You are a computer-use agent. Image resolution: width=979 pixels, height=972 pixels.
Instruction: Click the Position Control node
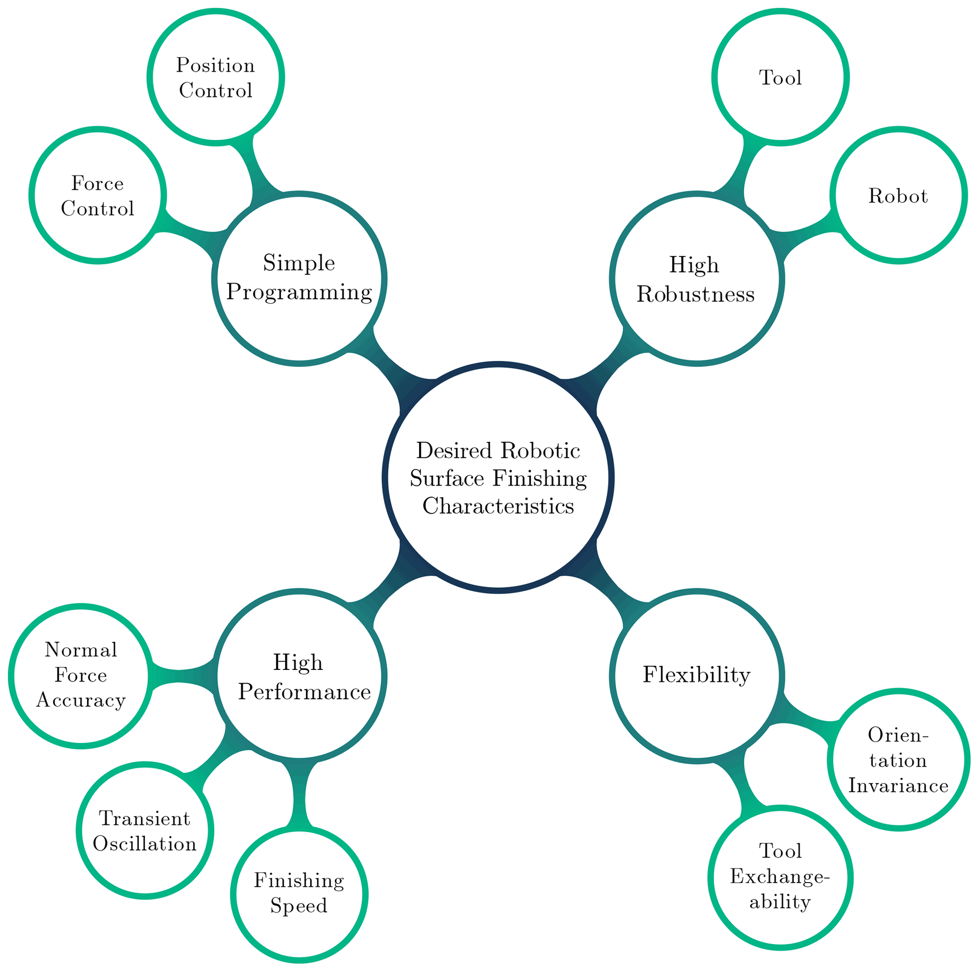click(x=216, y=78)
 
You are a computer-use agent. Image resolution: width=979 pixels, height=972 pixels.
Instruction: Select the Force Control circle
click(x=97, y=195)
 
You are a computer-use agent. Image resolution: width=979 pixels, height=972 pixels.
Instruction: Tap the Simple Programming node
click(x=299, y=278)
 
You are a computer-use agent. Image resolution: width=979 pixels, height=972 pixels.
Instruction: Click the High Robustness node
click(x=696, y=278)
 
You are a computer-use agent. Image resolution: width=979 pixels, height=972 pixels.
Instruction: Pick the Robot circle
click(x=898, y=195)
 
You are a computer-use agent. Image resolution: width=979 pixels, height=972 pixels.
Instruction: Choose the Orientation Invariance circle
click(x=898, y=759)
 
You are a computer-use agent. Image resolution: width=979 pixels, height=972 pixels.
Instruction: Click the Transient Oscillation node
click(x=145, y=831)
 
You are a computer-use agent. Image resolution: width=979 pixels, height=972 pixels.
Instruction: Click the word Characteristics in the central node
click(x=498, y=506)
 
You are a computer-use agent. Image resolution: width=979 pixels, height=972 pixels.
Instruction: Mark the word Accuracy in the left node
click(x=81, y=700)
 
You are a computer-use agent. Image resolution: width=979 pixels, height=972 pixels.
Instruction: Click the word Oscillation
click(x=145, y=844)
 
